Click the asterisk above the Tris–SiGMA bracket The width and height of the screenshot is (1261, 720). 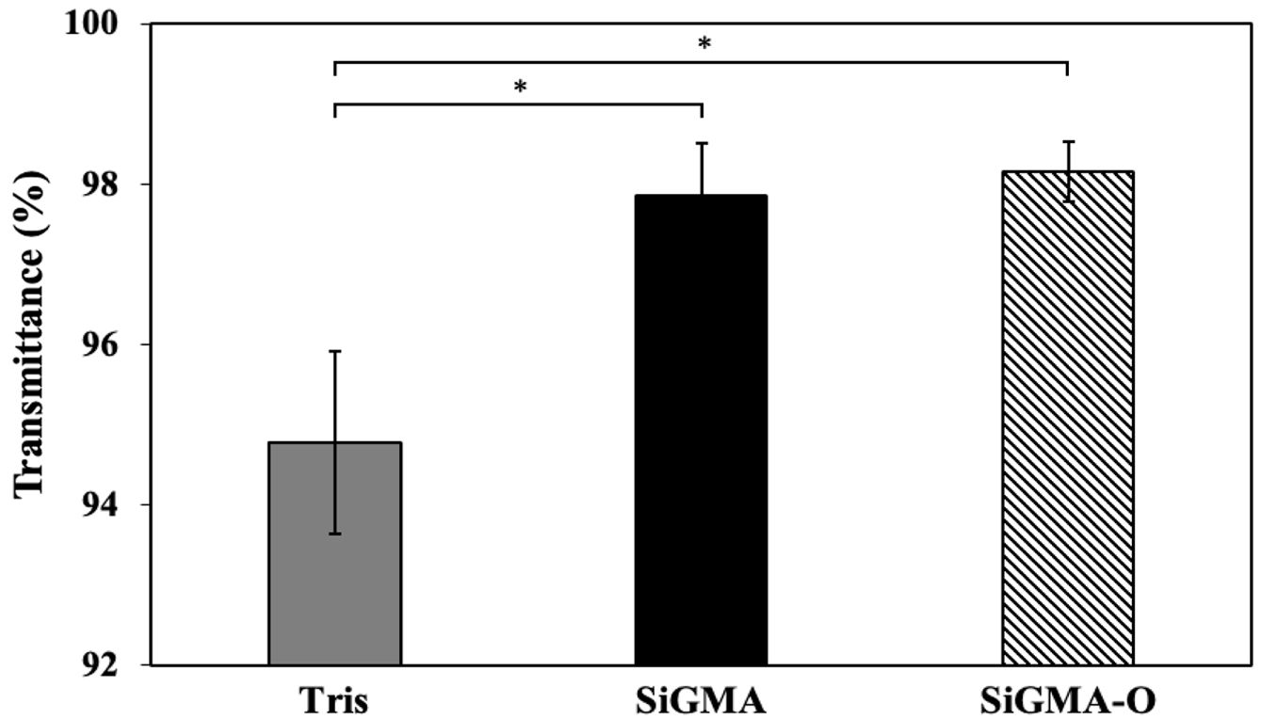pyautogui.click(x=519, y=88)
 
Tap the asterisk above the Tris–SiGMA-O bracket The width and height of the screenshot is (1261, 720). pyautogui.click(x=703, y=44)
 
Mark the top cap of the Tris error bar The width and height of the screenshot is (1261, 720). pyautogui.click(x=335, y=351)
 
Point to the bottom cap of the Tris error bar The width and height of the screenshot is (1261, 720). pyautogui.click(x=335, y=534)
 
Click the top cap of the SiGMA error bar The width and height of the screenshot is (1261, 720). pyautogui.click(x=702, y=143)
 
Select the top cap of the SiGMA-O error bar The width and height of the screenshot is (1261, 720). pyautogui.click(x=1067, y=142)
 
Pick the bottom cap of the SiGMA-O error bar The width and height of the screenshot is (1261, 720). pyautogui.click(x=1067, y=201)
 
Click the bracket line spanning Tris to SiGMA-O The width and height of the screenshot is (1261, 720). pyautogui.click(x=701, y=63)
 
